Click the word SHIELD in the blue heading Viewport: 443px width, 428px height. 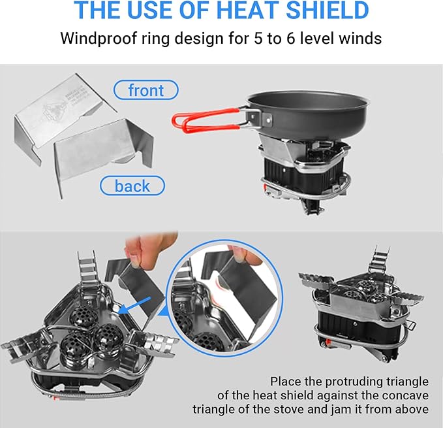(327, 10)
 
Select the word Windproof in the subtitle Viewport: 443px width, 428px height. (99, 39)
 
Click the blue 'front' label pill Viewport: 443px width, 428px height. (145, 90)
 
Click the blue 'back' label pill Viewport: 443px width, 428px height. (132, 186)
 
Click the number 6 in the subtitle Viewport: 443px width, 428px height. (291, 38)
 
